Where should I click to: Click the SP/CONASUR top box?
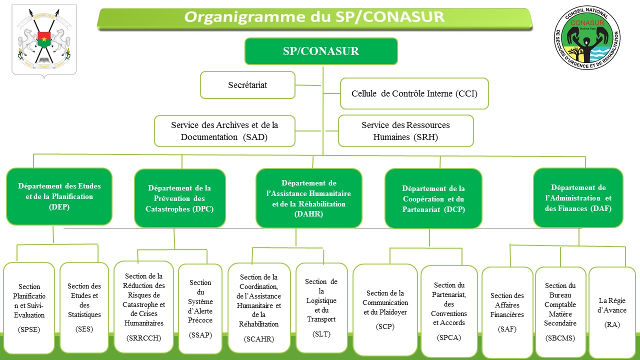(x=321, y=51)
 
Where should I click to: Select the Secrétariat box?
(x=247, y=85)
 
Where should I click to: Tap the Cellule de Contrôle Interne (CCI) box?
(x=414, y=93)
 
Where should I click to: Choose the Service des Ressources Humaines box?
(x=405, y=131)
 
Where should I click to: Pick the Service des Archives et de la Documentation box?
(x=224, y=131)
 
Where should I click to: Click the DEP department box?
(x=59, y=196)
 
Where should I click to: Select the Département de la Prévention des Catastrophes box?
(x=179, y=198)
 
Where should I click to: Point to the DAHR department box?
(x=309, y=198)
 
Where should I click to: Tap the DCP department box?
(x=433, y=198)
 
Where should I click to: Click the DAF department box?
(x=578, y=197)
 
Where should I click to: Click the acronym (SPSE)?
(x=29, y=329)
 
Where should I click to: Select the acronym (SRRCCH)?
(x=143, y=338)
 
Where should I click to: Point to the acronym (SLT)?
(x=321, y=334)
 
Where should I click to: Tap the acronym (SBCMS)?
(x=560, y=338)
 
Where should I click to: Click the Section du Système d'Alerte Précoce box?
(x=200, y=309)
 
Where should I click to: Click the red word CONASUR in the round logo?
(x=587, y=23)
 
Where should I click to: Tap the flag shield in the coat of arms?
(x=44, y=39)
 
